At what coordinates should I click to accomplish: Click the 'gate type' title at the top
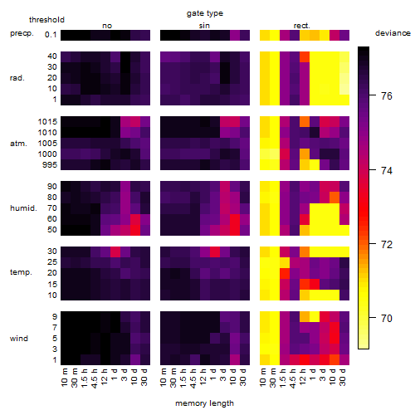click(x=205, y=13)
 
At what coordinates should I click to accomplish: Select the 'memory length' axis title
click(x=204, y=403)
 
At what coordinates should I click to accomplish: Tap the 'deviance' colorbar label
click(x=393, y=33)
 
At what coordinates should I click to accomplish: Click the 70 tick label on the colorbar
click(x=387, y=318)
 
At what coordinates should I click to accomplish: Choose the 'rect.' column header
click(x=302, y=26)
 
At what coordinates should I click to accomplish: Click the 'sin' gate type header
click(x=204, y=26)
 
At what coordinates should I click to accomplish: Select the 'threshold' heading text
click(x=46, y=20)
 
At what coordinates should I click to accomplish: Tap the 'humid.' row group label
click(x=23, y=208)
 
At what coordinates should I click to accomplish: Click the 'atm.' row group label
click(x=18, y=144)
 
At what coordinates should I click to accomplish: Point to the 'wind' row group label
click(x=19, y=339)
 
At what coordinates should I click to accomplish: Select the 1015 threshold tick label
click(x=47, y=122)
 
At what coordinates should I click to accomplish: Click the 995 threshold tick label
click(x=50, y=165)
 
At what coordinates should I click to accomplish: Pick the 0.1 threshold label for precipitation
click(x=51, y=35)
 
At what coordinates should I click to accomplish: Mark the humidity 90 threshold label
click(x=52, y=187)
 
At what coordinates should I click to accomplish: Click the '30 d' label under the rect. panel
click(x=343, y=377)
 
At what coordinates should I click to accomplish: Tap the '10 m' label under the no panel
click(x=64, y=378)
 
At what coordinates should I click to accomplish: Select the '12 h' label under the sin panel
click(x=203, y=377)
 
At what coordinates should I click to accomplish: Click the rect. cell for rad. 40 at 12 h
click(x=305, y=56)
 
